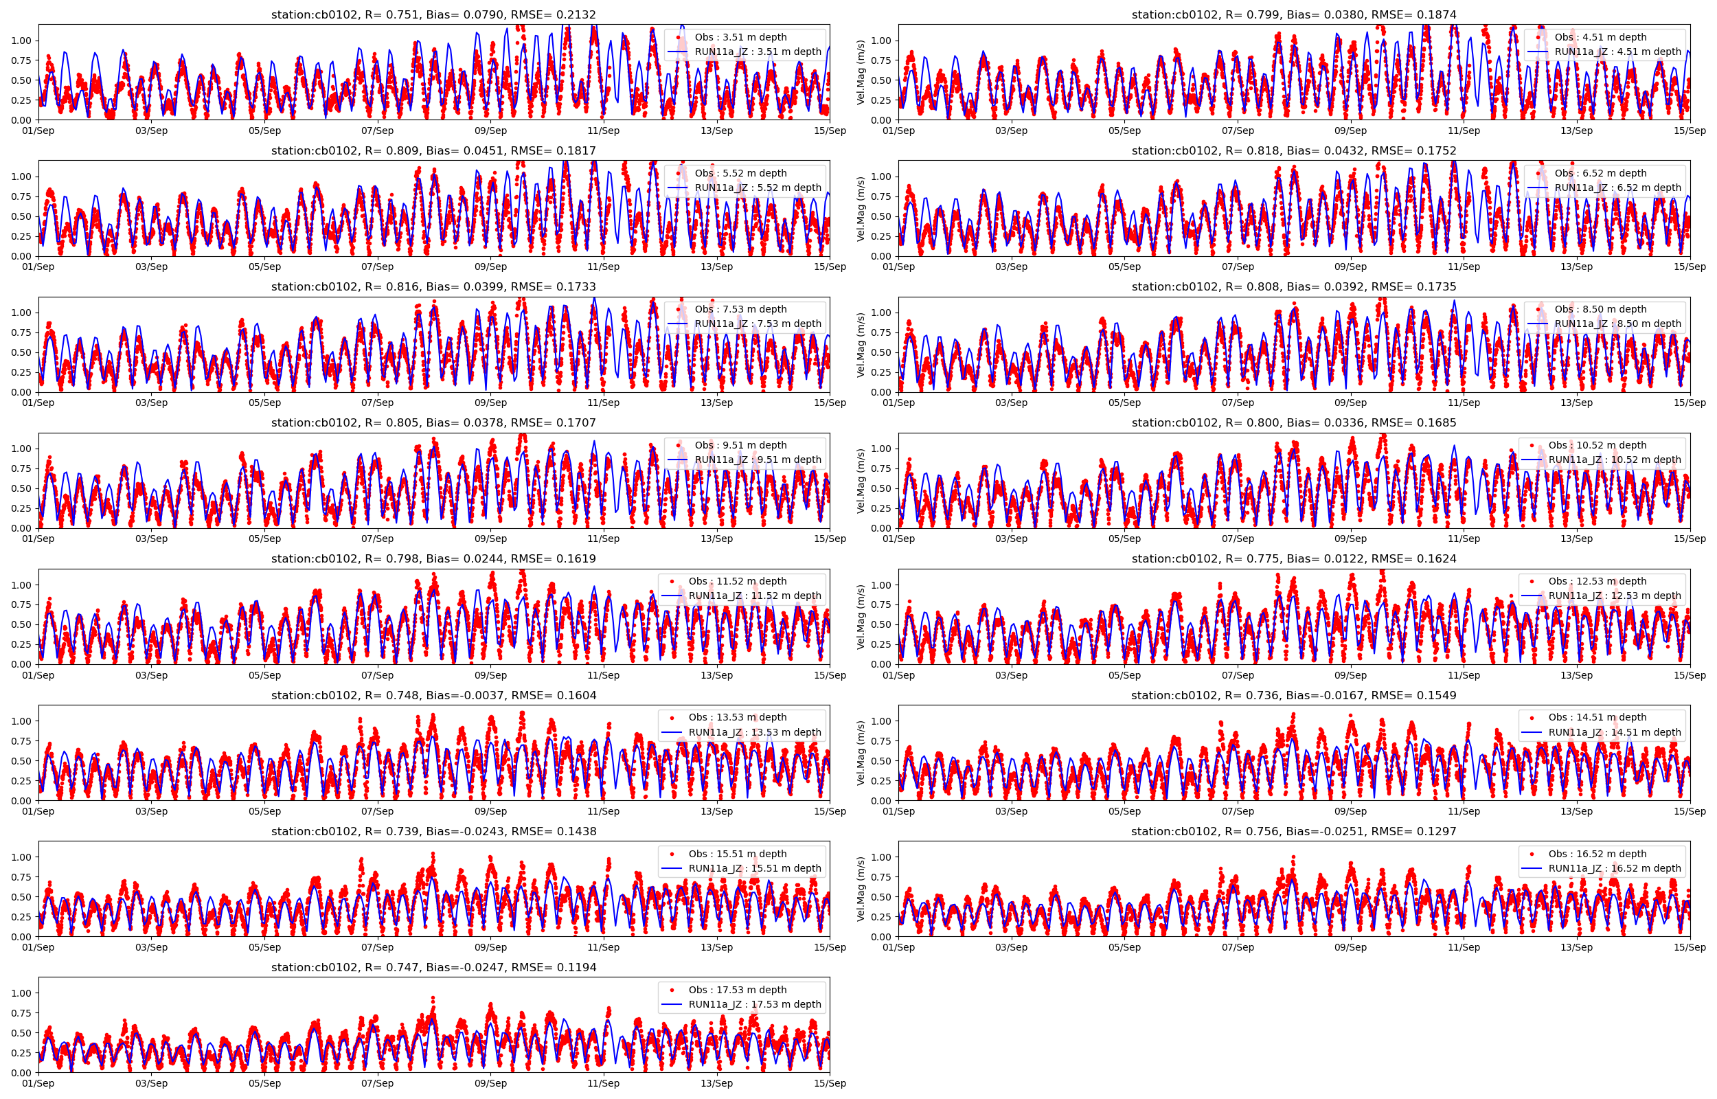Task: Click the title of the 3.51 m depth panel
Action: tap(433, 15)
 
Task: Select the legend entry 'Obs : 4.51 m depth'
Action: tap(1600, 37)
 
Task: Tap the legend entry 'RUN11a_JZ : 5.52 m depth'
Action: tap(758, 188)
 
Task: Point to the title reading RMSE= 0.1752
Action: tap(1293, 151)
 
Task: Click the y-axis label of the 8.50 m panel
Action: tap(861, 345)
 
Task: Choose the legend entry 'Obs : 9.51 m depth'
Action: tap(740, 445)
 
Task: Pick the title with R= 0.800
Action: tap(1293, 423)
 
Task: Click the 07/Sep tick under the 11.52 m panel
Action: tap(377, 675)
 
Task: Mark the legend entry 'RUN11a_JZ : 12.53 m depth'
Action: tap(1614, 596)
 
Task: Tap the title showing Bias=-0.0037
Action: tap(433, 696)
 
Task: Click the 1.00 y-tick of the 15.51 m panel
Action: tap(21, 857)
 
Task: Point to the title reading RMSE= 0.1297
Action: tap(1293, 832)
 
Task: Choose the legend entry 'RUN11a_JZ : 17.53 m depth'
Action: tap(754, 1004)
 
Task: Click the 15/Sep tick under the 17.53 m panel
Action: tap(830, 1083)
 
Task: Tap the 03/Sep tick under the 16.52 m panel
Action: tap(1011, 948)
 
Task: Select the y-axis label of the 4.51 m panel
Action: tap(861, 72)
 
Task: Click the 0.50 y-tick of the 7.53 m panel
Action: tap(21, 352)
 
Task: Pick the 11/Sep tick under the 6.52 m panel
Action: tap(1464, 267)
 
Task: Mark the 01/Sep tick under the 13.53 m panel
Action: tap(38, 811)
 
